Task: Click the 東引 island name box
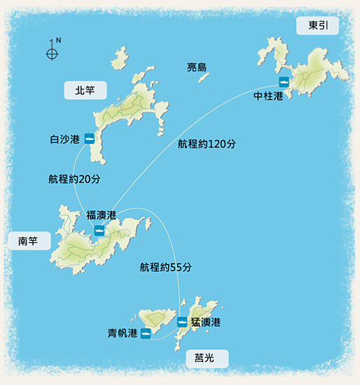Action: pyautogui.click(x=323, y=26)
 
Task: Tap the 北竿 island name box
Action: pyautogui.click(x=84, y=90)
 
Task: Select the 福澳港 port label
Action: pyautogui.click(x=101, y=214)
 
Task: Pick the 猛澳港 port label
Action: pyautogui.click(x=206, y=322)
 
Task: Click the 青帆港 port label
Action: pyautogui.click(x=123, y=334)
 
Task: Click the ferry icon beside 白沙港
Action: pyautogui.click(x=90, y=138)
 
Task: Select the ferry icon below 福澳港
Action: pyautogui.click(x=99, y=229)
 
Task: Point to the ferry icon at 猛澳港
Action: pyautogui.click(x=182, y=322)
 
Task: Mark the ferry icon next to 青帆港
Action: pyautogui.click(x=146, y=334)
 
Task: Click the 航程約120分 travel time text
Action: pyautogui.click(x=207, y=144)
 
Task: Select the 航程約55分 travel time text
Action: pyautogui.click(x=166, y=267)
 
